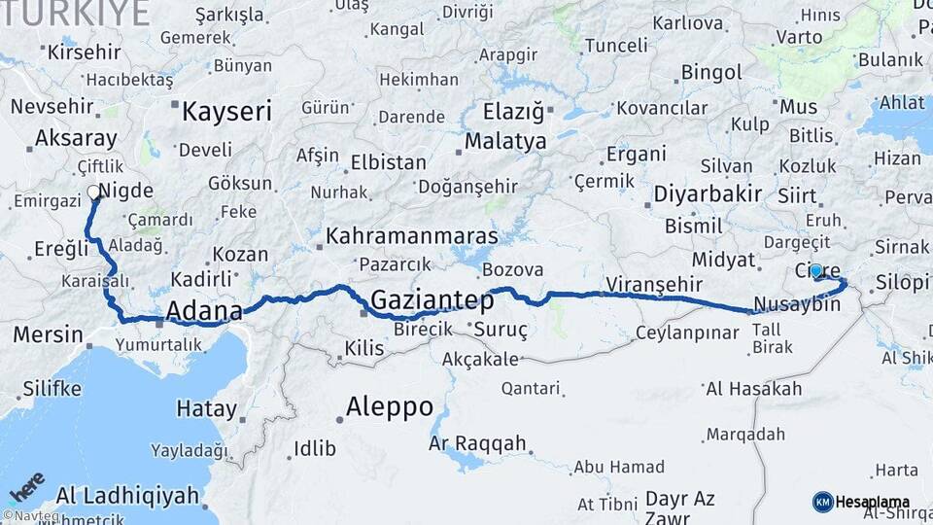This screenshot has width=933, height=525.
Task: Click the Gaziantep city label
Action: pyautogui.click(x=432, y=299)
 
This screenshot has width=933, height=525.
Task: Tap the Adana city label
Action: pyautogui.click(x=204, y=311)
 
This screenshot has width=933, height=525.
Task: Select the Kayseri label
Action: pyautogui.click(x=226, y=111)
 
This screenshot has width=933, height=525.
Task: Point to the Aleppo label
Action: pyautogui.click(x=390, y=407)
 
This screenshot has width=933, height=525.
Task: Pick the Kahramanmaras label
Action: pyautogui.click(x=411, y=236)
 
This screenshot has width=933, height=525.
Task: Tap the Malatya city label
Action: pyautogui.click(x=505, y=142)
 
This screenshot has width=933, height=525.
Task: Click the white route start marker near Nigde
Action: pyautogui.click(x=94, y=192)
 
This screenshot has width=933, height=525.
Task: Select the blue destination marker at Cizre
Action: pyautogui.click(x=815, y=271)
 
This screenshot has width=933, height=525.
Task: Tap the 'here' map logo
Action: pyautogui.click(x=26, y=487)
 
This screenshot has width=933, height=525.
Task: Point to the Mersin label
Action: pyautogui.click(x=48, y=335)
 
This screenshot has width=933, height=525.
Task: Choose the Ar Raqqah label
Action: pyautogui.click(x=477, y=444)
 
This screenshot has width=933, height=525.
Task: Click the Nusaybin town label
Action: pyautogui.click(x=796, y=304)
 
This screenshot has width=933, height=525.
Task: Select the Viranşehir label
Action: pyautogui.click(x=653, y=284)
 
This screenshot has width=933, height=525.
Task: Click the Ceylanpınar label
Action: pyautogui.click(x=687, y=332)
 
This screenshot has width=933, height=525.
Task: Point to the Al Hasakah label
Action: pyautogui.click(x=754, y=389)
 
